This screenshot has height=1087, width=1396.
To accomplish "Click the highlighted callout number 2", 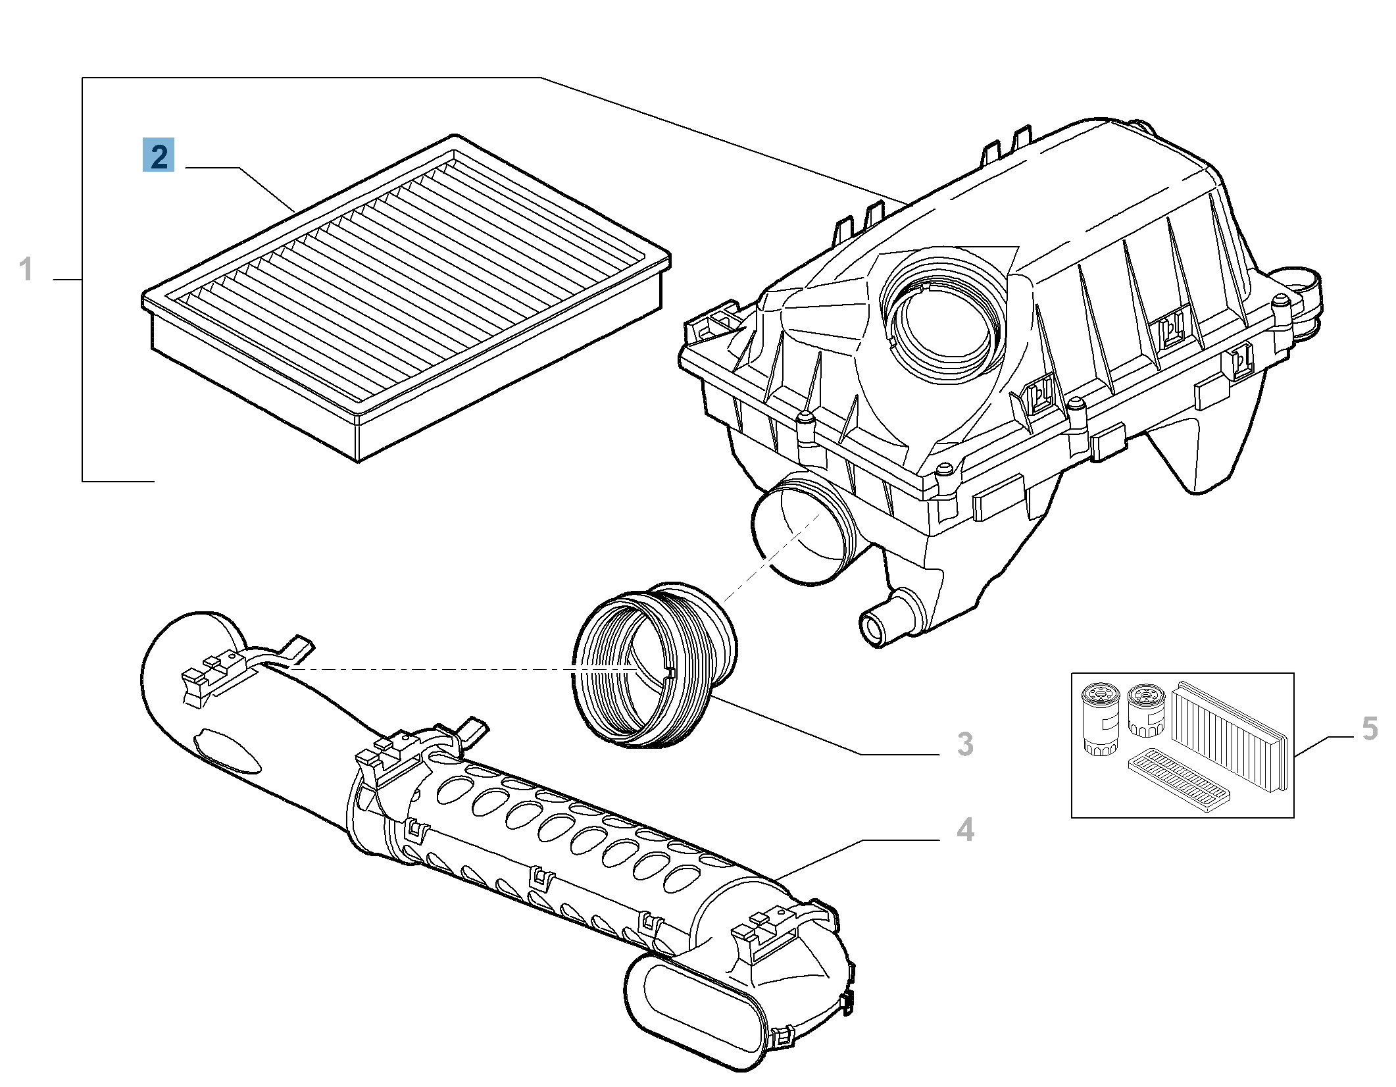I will pos(159,155).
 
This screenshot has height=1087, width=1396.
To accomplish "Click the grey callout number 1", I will pos(26,269).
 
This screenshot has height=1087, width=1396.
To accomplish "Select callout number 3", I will pos(964,744).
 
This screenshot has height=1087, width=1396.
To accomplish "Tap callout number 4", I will pos(965,830).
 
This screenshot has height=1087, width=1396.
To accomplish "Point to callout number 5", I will pos(1370,729).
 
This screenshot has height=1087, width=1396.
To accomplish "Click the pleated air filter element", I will pos(408,290).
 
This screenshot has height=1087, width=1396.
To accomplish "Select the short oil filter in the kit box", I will pos(1146,711).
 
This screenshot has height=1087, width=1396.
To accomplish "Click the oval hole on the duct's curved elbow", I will pos(227,750).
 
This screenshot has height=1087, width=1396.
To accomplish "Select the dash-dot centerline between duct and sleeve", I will pos(428,669).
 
